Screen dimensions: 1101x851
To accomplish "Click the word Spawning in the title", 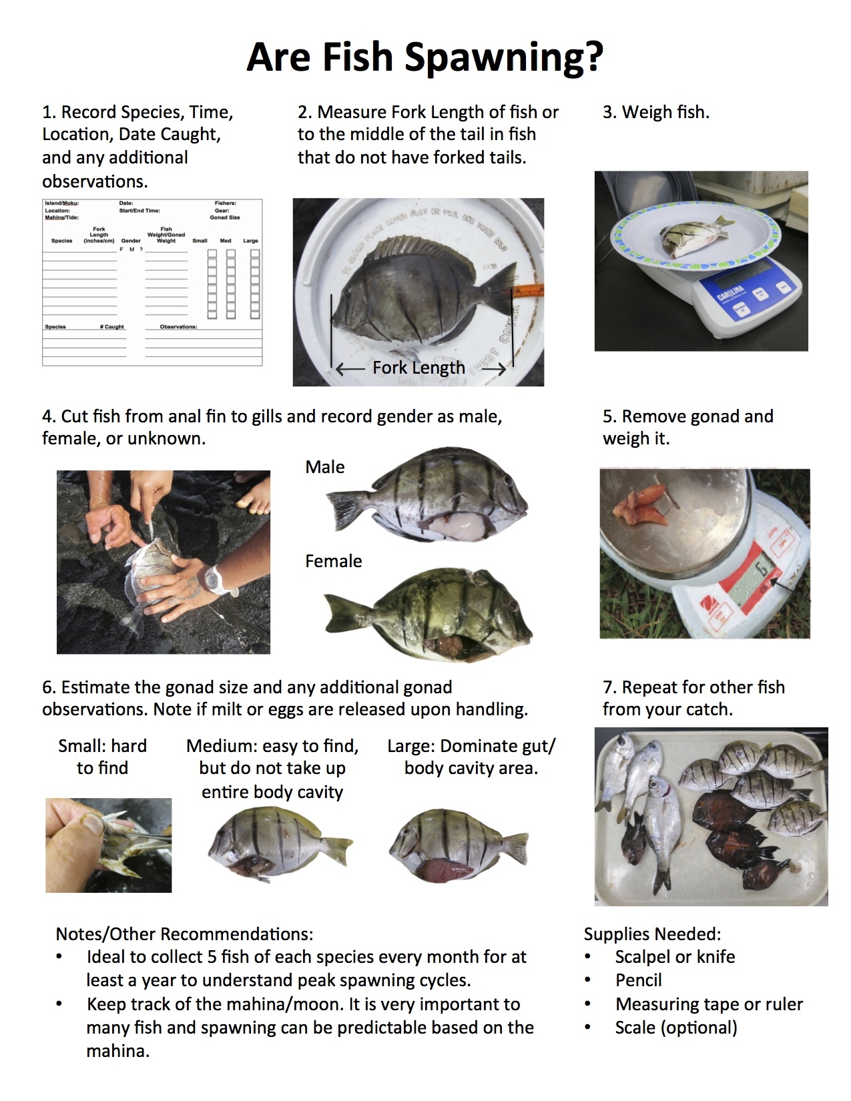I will coord(504,58).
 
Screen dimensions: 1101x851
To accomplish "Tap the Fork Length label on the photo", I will coord(418,368).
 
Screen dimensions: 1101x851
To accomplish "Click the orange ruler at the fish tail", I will coord(528,291).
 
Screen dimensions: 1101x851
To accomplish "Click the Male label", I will coord(325,467).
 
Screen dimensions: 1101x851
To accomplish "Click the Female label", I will coord(333,561).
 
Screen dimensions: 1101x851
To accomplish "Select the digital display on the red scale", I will coord(757,574).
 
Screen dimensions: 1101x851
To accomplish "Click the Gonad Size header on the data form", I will coord(225,218).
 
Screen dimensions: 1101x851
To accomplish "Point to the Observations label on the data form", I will coord(178,327).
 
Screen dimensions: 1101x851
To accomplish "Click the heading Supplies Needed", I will coord(652,934).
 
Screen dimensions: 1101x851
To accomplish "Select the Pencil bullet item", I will coord(639,980).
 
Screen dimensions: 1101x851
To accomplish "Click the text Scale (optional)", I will coord(675,1028).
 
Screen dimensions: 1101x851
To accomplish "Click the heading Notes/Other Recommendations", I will coord(184,934).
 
